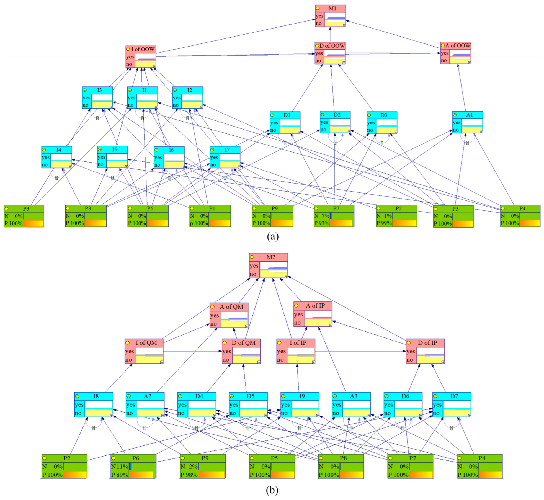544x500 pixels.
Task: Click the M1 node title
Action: click(x=332, y=9)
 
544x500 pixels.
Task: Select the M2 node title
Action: click(x=270, y=257)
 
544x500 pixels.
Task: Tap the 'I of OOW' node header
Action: click(x=143, y=49)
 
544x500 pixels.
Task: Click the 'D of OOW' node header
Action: click(x=332, y=46)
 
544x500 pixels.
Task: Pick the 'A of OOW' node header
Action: click(x=457, y=45)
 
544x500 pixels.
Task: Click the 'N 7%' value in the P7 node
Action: click(x=322, y=216)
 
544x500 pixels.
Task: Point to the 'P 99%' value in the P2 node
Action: click(x=384, y=223)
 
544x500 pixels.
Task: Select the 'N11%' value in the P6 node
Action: click(x=120, y=467)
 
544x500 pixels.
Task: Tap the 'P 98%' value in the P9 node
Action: click(x=189, y=475)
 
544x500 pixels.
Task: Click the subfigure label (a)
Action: click(x=272, y=236)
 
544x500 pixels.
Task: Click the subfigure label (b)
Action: click(x=272, y=490)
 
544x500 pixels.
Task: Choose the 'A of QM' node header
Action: click(x=231, y=307)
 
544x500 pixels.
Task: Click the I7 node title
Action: click(x=227, y=150)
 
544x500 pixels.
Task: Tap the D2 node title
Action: click(x=337, y=115)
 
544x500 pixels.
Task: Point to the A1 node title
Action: click(x=469, y=115)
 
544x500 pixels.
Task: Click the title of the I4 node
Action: click(x=59, y=150)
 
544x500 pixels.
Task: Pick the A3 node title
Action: click(x=354, y=396)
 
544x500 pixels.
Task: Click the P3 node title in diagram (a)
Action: click(x=26, y=208)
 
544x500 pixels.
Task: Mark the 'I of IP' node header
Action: click(x=298, y=343)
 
